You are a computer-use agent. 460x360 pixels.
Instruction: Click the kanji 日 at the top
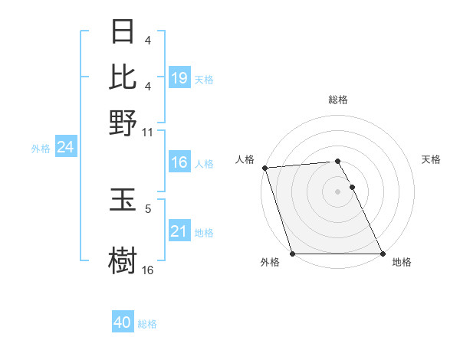pos(123,33)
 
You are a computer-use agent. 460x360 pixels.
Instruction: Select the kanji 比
pos(123,77)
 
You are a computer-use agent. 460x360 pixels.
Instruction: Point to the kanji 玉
pos(123,202)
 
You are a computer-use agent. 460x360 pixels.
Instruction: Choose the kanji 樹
pos(123,259)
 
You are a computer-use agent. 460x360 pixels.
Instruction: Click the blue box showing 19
pos(179,78)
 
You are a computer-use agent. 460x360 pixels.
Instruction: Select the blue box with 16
pos(179,163)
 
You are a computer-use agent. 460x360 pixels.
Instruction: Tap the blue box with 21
pos(179,232)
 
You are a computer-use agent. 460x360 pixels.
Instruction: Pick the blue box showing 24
pos(65,148)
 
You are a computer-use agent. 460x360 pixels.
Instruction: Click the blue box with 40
pos(123,323)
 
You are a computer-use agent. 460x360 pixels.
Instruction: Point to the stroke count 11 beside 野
pos(148,133)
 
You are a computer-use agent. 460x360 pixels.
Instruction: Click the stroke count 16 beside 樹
pos(148,270)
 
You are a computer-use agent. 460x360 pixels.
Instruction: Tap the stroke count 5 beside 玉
pos(148,208)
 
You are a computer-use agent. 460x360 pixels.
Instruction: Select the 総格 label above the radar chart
pos(338,100)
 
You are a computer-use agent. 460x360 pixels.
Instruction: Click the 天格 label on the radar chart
pos(432,159)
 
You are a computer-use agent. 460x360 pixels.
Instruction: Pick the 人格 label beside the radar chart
pos(245,159)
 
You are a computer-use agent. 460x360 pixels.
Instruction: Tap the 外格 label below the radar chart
pos(270,263)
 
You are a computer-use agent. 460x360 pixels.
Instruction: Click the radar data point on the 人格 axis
pos(264,168)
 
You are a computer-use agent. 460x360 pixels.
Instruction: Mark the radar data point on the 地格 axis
pos(383,254)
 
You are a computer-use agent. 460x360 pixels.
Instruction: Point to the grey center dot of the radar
pos(338,191)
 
